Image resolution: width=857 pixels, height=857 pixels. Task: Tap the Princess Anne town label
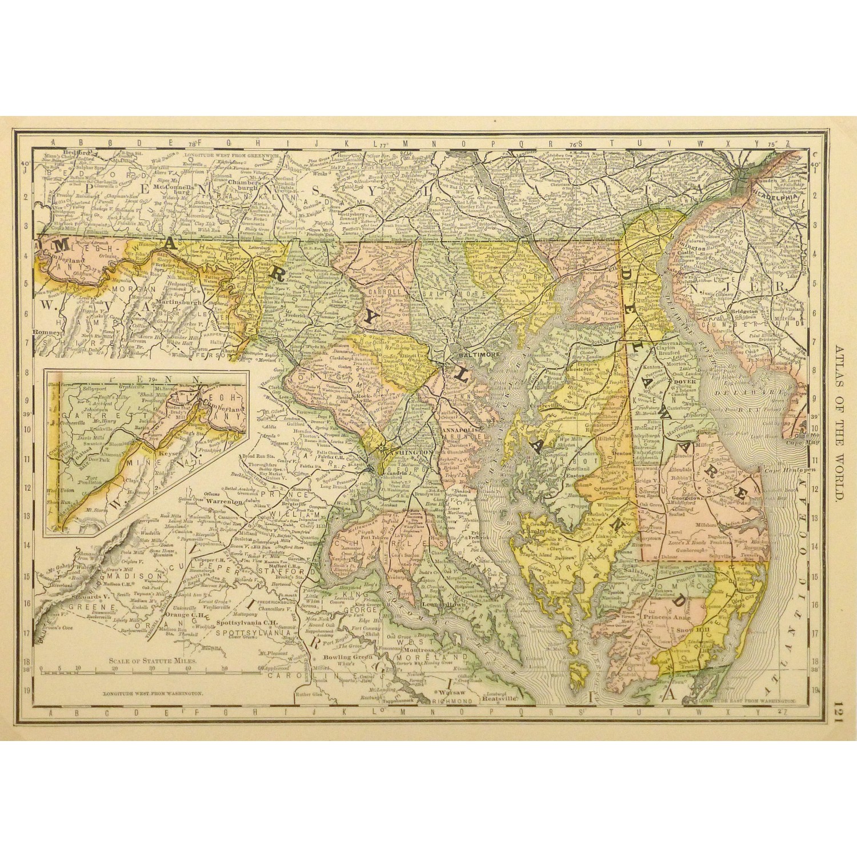tap(667, 618)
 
